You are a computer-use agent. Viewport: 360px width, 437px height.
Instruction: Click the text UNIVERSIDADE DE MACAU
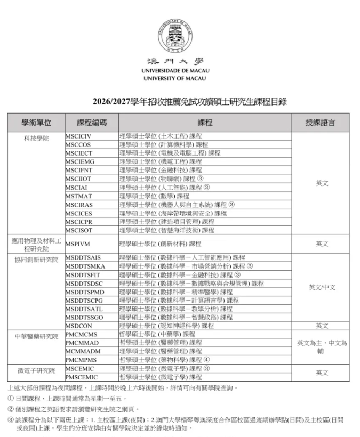click(x=175, y=70)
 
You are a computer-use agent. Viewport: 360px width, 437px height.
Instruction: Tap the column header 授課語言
click(x=320, y=122)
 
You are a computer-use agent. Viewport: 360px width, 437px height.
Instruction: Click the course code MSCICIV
click(x=78, y=136)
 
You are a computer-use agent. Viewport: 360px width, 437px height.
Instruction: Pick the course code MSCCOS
click(x=78, y=144)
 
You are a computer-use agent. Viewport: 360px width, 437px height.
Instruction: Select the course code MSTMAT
click(x=78, y=196)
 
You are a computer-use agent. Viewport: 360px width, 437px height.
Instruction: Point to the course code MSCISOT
click(x=79, y=230)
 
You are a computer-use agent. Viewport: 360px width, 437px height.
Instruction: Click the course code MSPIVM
click(x=77, y=244)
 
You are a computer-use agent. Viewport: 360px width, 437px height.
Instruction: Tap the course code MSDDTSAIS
click(x=83, y=257)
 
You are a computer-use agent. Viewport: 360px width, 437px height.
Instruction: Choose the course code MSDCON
click(x=79, y=326)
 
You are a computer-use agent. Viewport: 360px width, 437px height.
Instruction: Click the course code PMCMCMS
click(x=81, y=334)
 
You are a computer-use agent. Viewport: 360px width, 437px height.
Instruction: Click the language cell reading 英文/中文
click(x=322, y=287)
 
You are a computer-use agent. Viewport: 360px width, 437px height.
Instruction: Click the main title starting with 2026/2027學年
click(x=182, y=102)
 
